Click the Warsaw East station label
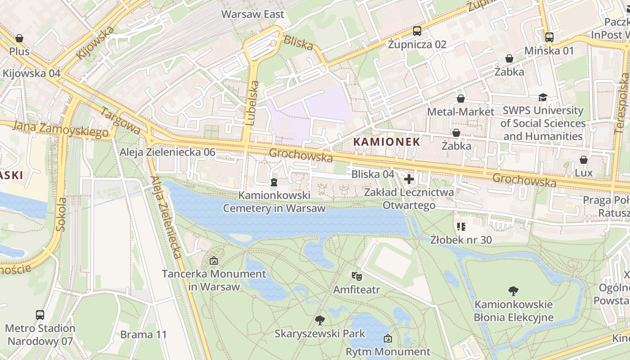click(252, 14)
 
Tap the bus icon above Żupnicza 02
click(417, 31)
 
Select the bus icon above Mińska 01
click(549, 37)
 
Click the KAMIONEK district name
click(387, 142)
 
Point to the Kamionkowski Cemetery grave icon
click(274, 182)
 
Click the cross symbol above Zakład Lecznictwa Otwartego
click(409, 180)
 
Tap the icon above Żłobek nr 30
click(461, 227)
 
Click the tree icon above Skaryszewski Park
click(320, 320)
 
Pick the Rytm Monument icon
click(388, 338)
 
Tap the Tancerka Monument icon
click(214, 261)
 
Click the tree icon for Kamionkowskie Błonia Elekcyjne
click(513, 291)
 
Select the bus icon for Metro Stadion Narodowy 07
click(40, 315)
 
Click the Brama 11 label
click(143, 335)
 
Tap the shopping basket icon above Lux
click(584, 160)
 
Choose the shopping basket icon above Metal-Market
click(461, 99)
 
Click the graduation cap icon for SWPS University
click(543, 97)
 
